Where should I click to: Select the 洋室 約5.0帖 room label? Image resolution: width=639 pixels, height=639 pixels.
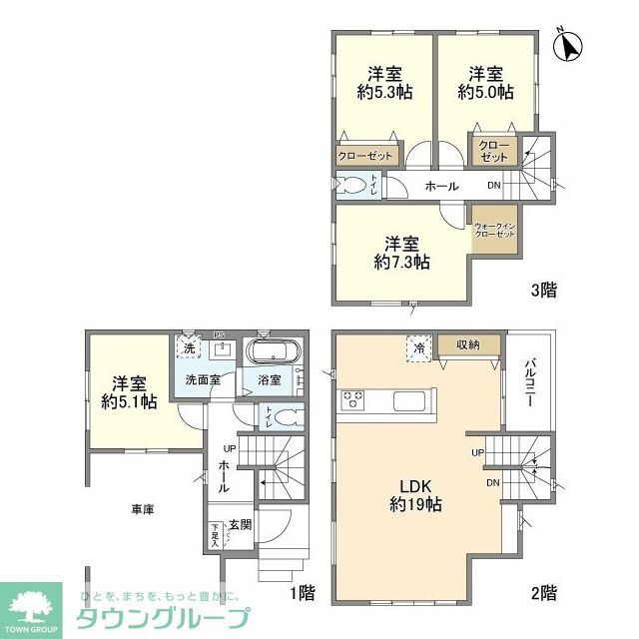coord(486,82)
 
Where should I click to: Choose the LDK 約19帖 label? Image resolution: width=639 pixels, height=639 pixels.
coord(416,495)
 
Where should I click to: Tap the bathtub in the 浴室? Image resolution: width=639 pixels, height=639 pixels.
coord(269,355)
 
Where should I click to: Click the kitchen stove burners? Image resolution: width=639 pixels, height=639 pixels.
coord(353,401)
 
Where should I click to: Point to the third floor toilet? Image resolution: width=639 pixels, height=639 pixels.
coord(352,187)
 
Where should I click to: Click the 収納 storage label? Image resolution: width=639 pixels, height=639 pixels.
coord(468,344)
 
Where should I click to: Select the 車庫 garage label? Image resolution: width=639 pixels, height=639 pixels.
coord(143,508)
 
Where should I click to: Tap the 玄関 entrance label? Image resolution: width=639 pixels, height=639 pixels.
coord(240,523)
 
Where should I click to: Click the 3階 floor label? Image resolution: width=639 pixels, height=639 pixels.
coord(543,291)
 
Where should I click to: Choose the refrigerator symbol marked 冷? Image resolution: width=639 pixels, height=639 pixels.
coord(418,348)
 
